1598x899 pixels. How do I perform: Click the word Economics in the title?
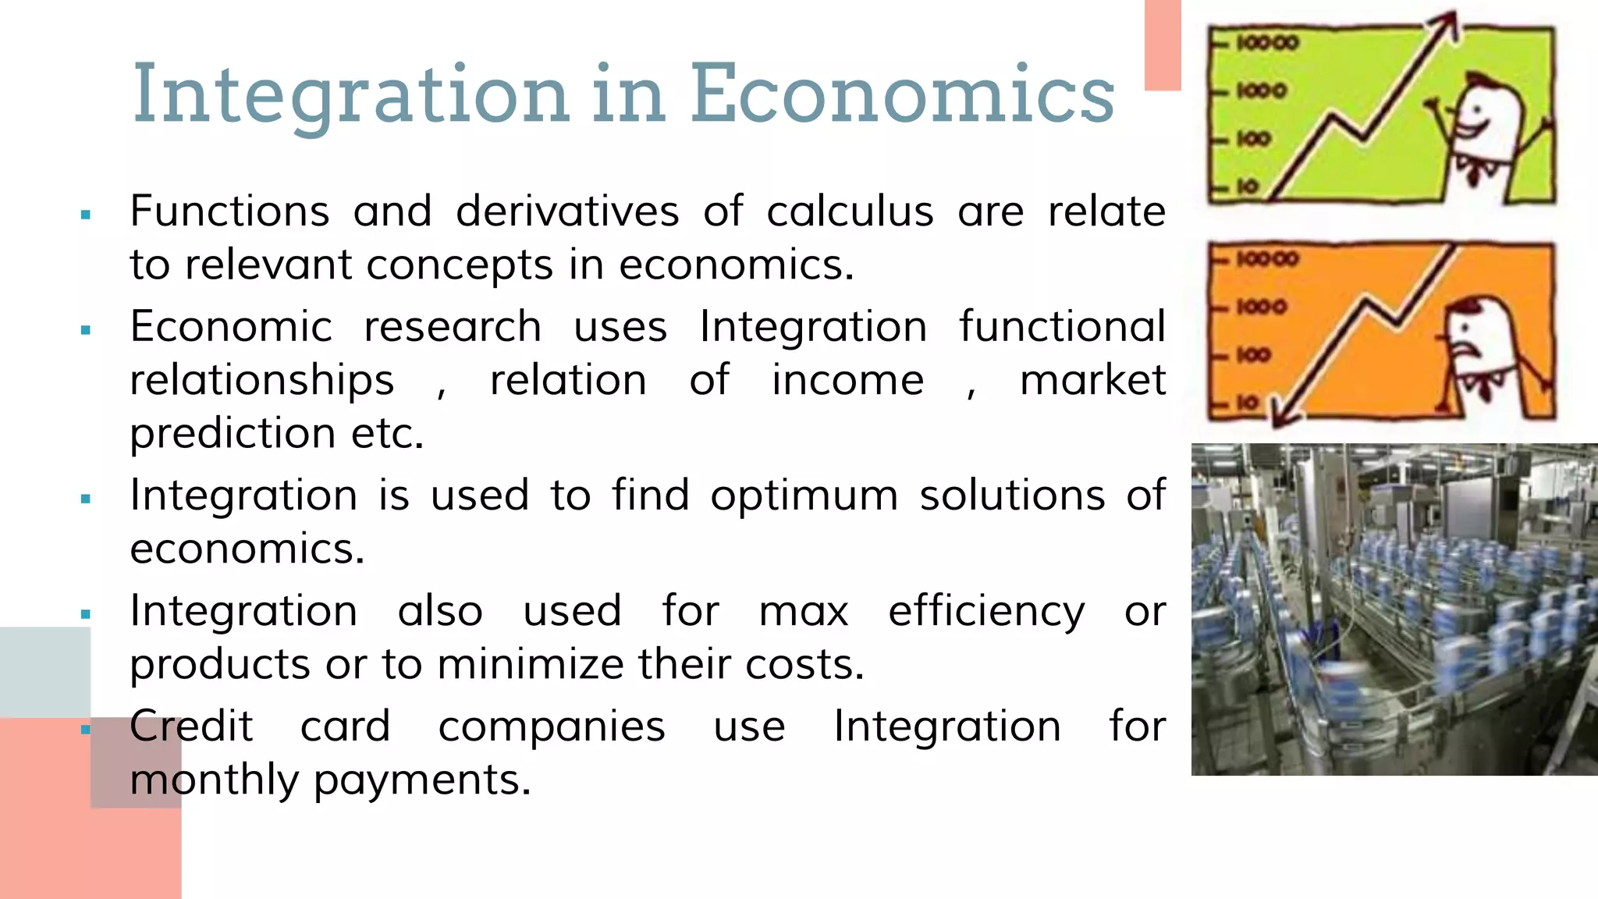(902, 94)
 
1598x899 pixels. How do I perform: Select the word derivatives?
(567, 211)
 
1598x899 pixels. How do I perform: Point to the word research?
(453, 326)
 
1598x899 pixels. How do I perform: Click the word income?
(847, 380)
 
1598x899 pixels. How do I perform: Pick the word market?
(1092, 380)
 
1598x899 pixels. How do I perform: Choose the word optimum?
(804, 496)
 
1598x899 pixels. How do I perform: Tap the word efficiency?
(986, 612)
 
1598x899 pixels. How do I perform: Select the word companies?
(552, 727)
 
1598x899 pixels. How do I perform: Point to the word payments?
(422, 780)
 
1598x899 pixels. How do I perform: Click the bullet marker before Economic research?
(86, 331)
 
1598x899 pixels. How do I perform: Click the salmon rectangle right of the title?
(1163, 44)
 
